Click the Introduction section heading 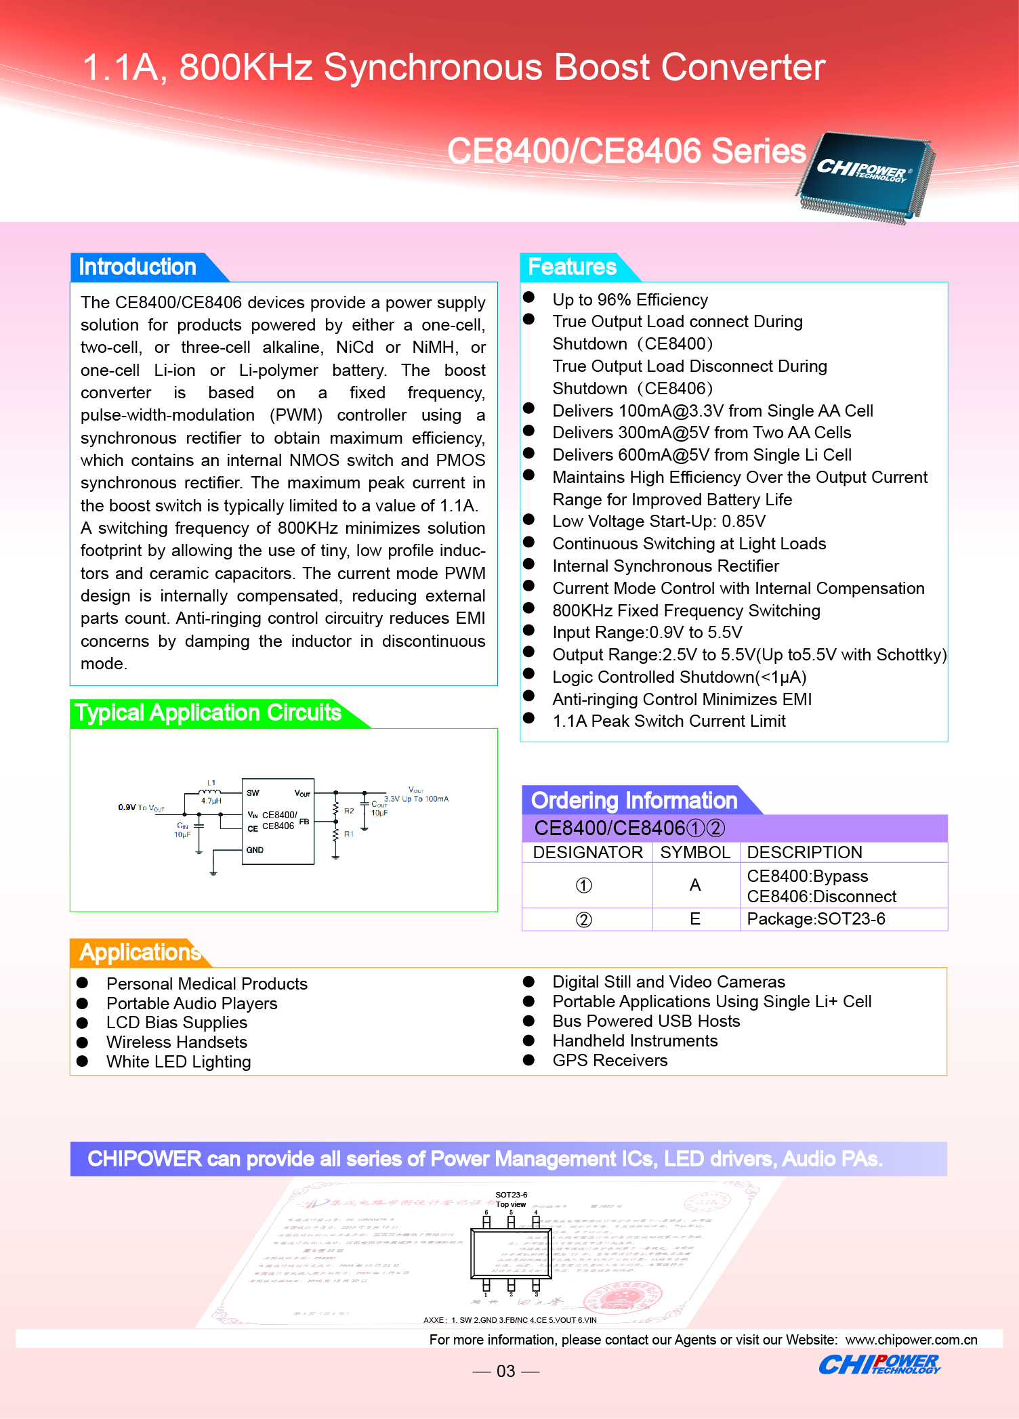click(x=138, y=267)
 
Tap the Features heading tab click(x=572, y=267)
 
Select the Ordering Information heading click(x=633, y=801)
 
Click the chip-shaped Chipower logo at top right click(x=865, y=175)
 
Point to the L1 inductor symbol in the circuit click(x=211, y=790)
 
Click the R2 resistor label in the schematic click(x=349, y=811)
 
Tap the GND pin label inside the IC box click(x=255, y=850)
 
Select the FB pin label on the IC click(x=304, y=822)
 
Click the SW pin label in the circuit click(x=253, y=793)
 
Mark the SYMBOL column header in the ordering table click(x=695, y=852)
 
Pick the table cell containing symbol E click(x=695, y=919)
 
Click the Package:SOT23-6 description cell click(x=816, y=919)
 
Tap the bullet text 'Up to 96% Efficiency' click(x=629, y=300)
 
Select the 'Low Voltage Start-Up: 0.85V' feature click(x=659, y=522)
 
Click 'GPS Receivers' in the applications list click(x=610, y=1061)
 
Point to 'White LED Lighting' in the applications click(x=178, y=1062)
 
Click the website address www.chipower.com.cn click(x=911, y=1340)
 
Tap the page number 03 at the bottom click(x=506, y=1372)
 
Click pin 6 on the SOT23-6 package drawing click(x=486, y=1221)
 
